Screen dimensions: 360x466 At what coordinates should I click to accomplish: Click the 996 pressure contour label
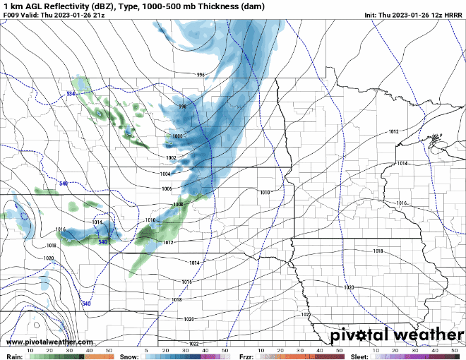coord(201,75)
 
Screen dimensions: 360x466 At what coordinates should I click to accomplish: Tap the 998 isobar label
coord(182,107)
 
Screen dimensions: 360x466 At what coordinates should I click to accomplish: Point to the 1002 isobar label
coord(171,157)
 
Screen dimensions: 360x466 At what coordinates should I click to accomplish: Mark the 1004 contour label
coord(165,174)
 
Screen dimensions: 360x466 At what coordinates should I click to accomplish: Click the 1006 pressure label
coord(167,189)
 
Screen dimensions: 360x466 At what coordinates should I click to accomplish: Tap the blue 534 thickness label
coord(71,94)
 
